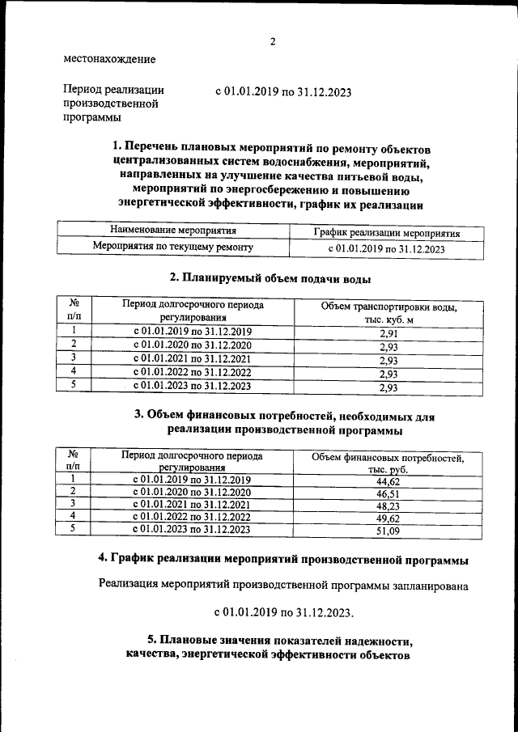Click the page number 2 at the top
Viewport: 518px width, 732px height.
273,42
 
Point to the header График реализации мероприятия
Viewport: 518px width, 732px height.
387,232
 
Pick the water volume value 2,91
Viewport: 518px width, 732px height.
388,332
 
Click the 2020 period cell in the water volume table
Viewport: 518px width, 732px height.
193,345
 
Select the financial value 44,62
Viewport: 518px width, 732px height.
388,481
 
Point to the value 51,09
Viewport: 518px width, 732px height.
388,531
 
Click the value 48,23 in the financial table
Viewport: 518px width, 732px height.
388,506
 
